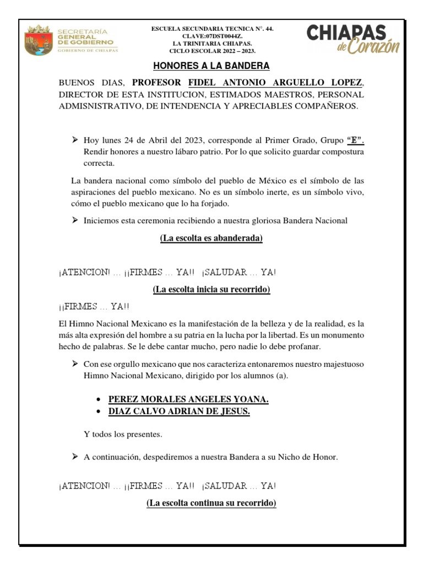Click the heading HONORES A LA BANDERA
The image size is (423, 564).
211,66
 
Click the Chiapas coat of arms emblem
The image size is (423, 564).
37,40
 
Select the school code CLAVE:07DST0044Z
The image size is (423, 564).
211,35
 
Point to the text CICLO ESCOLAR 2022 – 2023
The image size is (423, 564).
211,51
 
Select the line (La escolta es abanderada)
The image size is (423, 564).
211,238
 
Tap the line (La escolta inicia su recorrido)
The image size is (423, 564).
211,289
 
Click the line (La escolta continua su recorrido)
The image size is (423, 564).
211,503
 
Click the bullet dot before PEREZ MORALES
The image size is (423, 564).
97,400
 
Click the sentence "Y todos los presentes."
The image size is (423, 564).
123,435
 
